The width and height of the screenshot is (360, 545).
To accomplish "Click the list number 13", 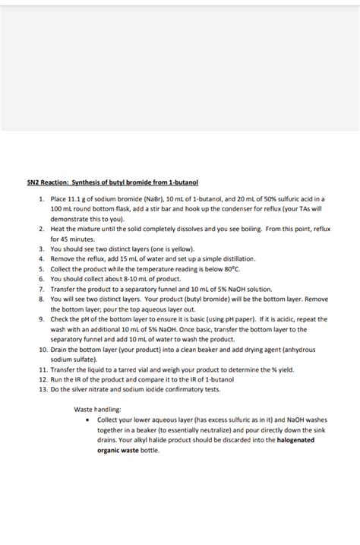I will (x=41, y=389).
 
